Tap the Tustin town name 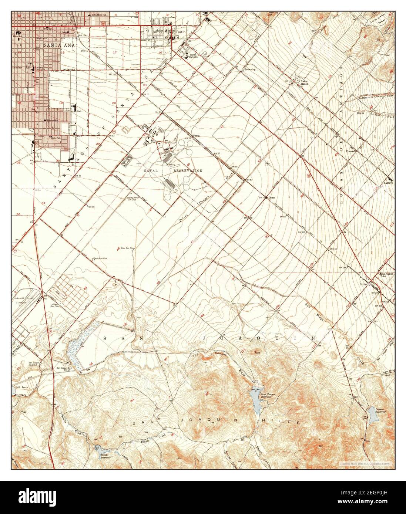tap(181, 32)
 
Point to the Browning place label tap(250, 69)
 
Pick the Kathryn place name tap(388, 183)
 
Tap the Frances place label tap(350, 151)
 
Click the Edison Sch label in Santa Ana tap(51, 120)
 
